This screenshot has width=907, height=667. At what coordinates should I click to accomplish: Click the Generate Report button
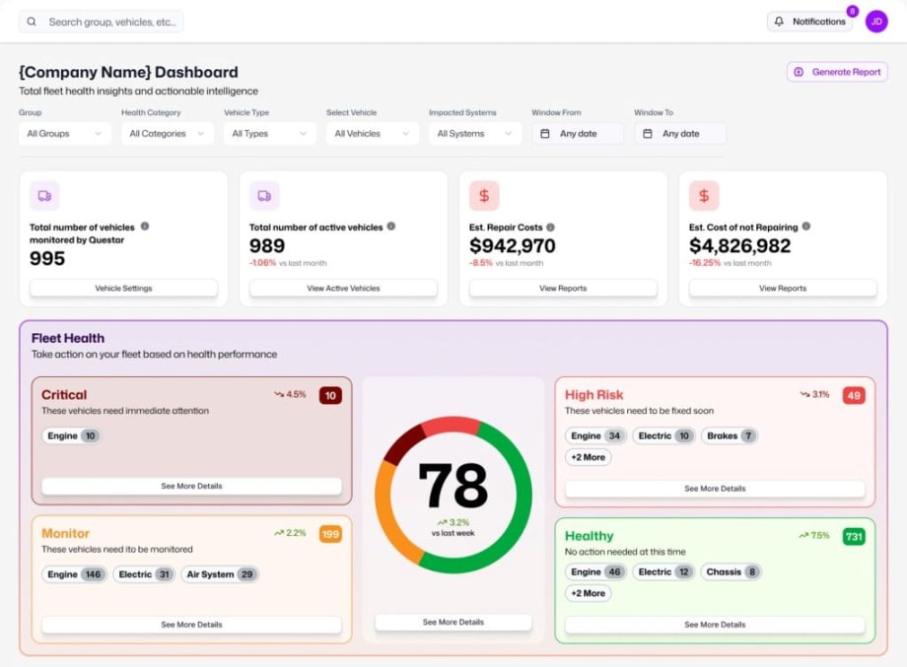(x=837, y=72)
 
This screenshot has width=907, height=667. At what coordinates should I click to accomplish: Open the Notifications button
(x=809, y=22)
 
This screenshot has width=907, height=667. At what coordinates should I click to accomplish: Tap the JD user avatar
(x=875, y=22)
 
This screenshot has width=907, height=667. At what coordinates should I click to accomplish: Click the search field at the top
(x=102, y=22)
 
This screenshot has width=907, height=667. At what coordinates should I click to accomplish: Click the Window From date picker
(x=577, y=134)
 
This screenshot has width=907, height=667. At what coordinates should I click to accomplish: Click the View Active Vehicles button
(x=343, y=289)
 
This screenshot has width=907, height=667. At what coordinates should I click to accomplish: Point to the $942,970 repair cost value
(x=512, y=246)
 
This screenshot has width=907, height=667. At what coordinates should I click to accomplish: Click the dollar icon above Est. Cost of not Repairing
(x=703, y=196)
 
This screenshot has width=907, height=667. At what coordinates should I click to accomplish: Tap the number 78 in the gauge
(x=453, y=485)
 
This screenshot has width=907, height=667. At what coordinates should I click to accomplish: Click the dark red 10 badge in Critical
(x=330, y=395)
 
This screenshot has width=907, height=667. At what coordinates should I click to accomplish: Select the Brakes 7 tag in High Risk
(x=730, y=435)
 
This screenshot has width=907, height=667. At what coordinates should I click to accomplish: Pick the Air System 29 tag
(x=220, y=574)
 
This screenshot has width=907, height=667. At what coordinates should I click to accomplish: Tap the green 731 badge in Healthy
(x=853, y=536)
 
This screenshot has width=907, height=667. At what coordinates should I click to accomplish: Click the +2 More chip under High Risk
(x=588, y=457)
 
